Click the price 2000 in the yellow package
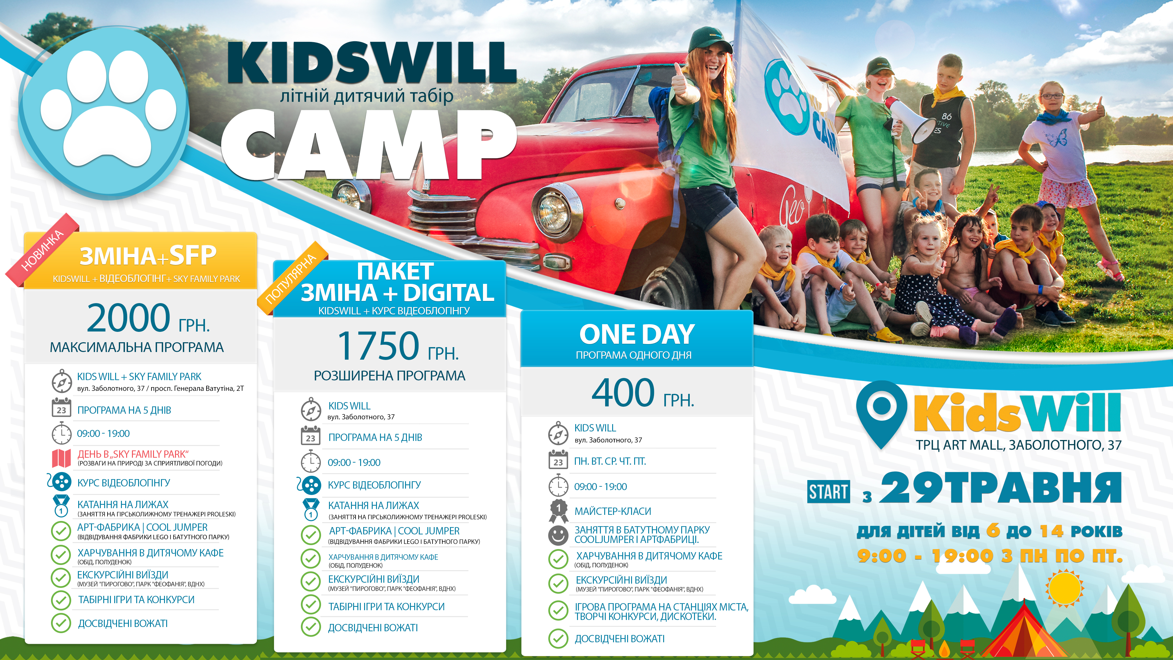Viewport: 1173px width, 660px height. point(129,318)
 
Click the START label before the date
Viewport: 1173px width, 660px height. point(828,492)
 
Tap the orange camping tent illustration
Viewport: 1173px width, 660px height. point(1024,633)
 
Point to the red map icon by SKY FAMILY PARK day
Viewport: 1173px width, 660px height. point(61,458)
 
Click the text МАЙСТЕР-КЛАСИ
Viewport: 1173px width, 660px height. point(613,511)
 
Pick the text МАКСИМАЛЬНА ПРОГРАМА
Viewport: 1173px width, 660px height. point(137,347)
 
